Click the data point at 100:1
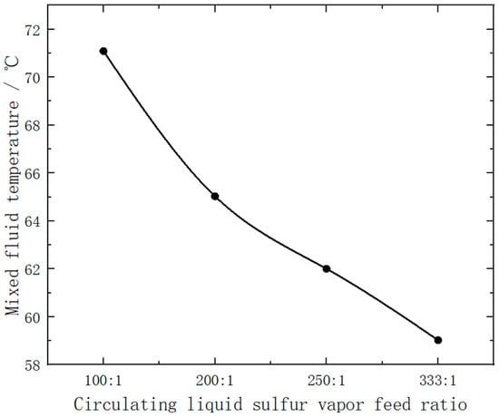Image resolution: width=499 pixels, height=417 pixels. click(x=103, y=51)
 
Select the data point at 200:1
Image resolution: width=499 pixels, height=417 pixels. click(x=215, y=196)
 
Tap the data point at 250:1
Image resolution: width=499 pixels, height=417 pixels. click(x=327, y=268)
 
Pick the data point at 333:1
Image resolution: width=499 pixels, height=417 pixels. click(x=438, y=340)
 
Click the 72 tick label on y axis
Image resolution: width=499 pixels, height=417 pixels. click(x=33, y=30)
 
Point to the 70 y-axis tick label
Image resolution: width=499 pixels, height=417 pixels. click(x=33, y=78)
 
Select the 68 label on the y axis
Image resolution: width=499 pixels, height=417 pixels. click(x=33, y=126)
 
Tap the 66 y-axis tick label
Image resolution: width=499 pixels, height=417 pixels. click(x=33, y=174)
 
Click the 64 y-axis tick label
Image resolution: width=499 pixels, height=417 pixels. click(x=33, y=222)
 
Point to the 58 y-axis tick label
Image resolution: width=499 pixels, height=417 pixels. click(x=33, y=365)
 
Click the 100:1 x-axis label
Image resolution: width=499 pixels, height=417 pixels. click(x=103, y=381)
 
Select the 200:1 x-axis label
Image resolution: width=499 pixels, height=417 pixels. click(x=215, y=381)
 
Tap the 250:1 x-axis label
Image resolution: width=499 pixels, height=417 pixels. click(x=327, y=381)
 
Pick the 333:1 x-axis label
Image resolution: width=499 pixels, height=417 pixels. click(x=438, y=381)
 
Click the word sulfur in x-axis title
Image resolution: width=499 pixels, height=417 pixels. click(x=280, y=404)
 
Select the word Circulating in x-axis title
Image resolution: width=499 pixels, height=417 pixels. click(x=125, y=405)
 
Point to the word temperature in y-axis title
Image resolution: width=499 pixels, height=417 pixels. click(x=13, y=149)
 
